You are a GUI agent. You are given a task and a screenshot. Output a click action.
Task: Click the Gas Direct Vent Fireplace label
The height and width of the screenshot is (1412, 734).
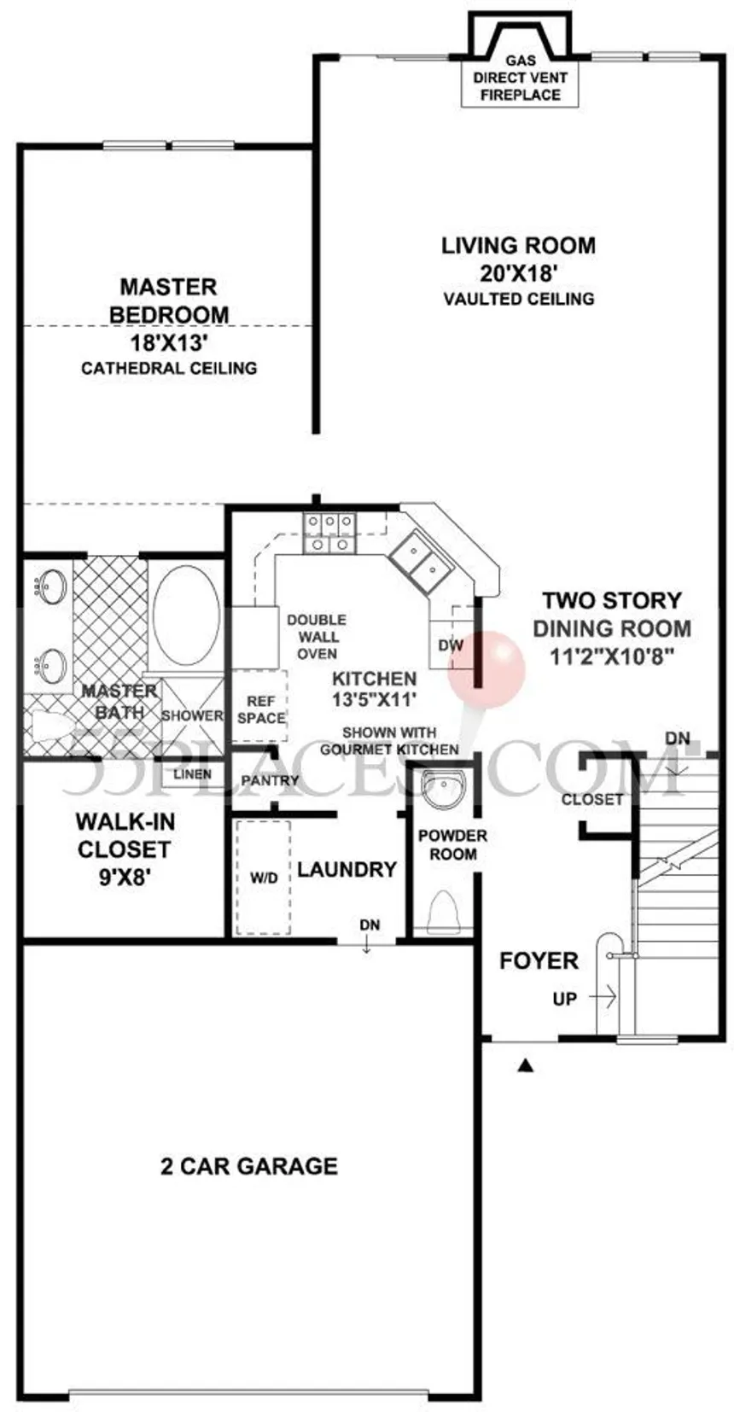(521, 78)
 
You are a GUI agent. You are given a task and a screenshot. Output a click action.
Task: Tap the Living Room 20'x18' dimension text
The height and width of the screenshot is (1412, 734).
(519, 273)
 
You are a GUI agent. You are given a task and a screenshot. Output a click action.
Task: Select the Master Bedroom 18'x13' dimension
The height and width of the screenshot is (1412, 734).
(169, 343)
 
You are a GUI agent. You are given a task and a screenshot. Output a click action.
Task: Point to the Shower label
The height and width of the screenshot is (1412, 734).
(192, 715)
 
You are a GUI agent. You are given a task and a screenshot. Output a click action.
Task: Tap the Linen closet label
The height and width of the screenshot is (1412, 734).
(192, 773)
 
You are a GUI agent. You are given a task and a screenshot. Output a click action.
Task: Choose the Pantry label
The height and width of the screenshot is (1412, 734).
(270, 780)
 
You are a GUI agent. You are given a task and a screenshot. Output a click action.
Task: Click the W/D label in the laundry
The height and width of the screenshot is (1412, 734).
(264, 878)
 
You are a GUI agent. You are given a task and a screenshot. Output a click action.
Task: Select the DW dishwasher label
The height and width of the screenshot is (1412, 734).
(451, 645)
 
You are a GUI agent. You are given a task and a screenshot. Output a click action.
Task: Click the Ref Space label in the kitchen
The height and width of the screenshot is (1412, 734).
(261, 709)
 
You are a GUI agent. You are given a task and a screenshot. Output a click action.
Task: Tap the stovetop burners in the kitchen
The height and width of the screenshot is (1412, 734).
(329, 534)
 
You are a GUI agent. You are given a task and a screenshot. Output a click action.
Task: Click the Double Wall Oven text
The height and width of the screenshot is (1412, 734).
(317, 637)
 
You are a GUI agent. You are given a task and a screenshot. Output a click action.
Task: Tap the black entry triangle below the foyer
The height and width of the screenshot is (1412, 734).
(526, 1065)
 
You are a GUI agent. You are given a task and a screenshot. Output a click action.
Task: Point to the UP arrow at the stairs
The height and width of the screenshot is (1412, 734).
(602, 998)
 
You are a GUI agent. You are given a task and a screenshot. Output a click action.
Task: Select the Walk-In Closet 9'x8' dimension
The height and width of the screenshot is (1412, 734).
(124, 878)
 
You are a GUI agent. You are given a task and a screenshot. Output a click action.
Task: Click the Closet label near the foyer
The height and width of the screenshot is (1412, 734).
(591, 799)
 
